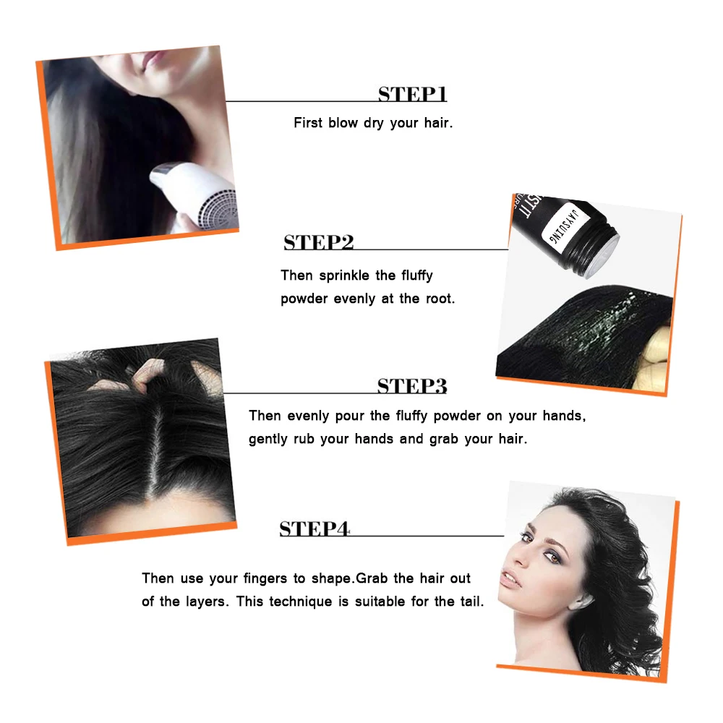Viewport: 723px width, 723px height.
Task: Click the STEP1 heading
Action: point(412,94)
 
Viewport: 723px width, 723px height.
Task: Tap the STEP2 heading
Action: point(319,242)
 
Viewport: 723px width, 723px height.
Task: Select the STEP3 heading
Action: point(412,386)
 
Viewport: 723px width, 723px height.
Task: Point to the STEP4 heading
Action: point(315,529)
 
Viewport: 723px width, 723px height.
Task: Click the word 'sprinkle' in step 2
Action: point(344,275)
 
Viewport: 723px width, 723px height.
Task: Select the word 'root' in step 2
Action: point(440,299)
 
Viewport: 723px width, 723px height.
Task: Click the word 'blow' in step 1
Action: point(343,123)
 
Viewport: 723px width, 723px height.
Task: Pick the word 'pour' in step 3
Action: point(349,416)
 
